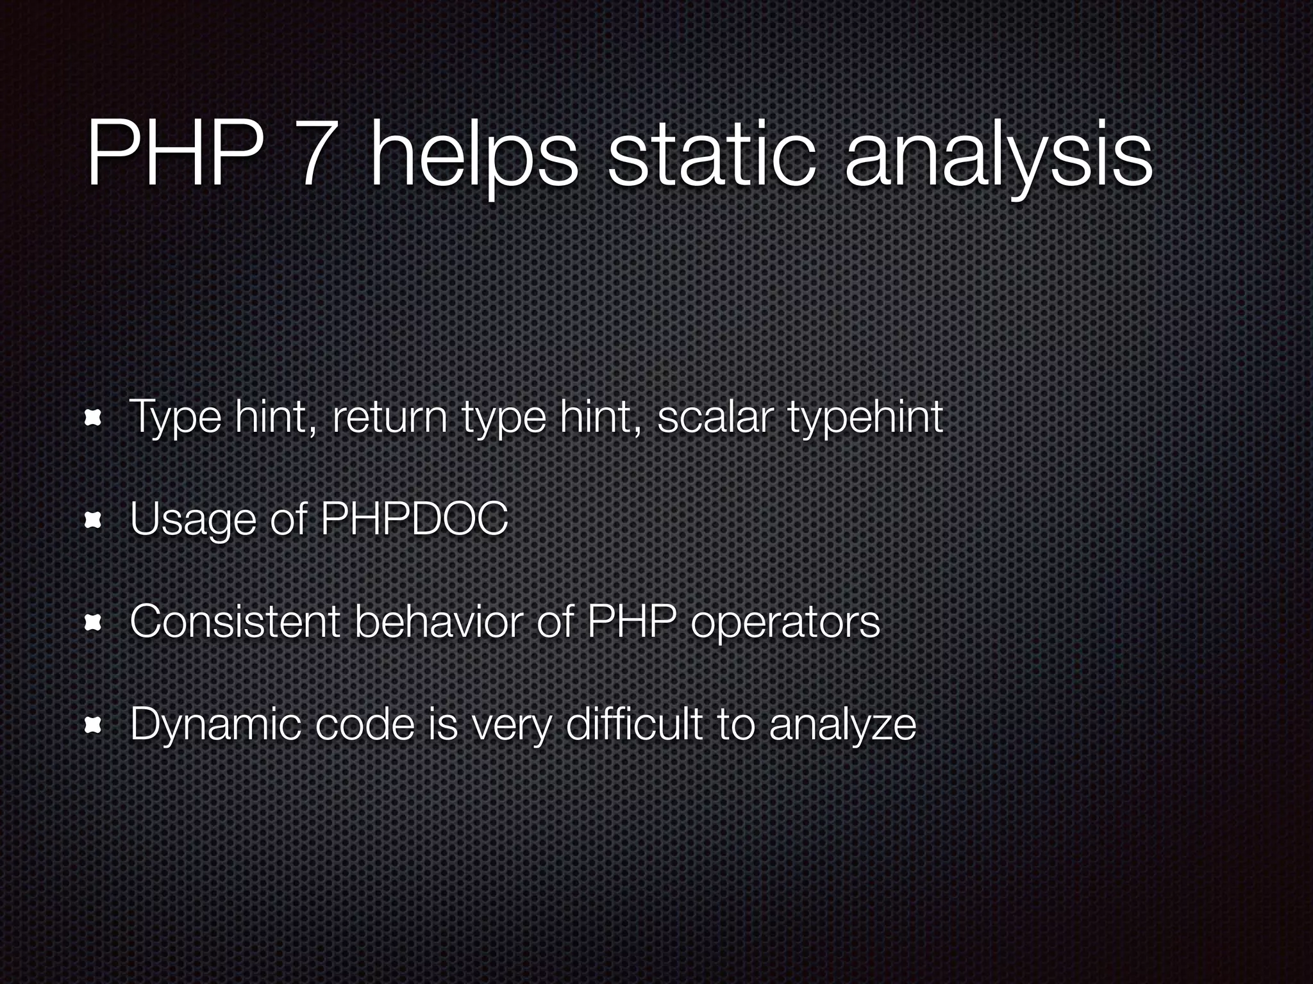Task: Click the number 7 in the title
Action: point(315,154)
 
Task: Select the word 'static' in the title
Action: point(712,154)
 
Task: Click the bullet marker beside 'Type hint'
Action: point(94,418)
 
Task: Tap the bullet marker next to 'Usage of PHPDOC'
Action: point(94,521)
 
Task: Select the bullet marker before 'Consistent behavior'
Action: point(94,623)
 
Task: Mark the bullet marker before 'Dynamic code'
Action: point(94,725)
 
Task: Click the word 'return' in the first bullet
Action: point(390,417)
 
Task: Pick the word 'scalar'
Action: point(713,417)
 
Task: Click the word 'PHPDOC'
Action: point(414,518)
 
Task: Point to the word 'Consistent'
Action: point(235,621)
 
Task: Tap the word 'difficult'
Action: point(635,724)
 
